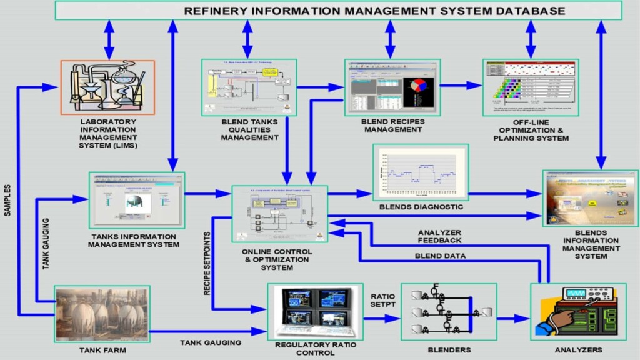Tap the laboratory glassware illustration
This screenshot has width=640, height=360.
(107, 87)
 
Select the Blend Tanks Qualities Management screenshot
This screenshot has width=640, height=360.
(247, 87)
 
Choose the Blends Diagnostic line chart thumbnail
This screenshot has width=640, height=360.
(420, 172)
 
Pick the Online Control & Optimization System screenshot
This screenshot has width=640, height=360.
(280, 214)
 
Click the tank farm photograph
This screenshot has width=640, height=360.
(102, 314)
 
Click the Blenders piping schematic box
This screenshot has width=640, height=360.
(448, 311)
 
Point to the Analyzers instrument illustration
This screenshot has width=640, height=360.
(569, 311)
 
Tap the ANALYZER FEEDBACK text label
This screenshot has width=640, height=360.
(440, 237)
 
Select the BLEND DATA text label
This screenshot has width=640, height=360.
(440, 256)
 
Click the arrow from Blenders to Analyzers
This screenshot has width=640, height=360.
(513, 318)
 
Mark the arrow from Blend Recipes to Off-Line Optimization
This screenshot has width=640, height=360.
(462, 86)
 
